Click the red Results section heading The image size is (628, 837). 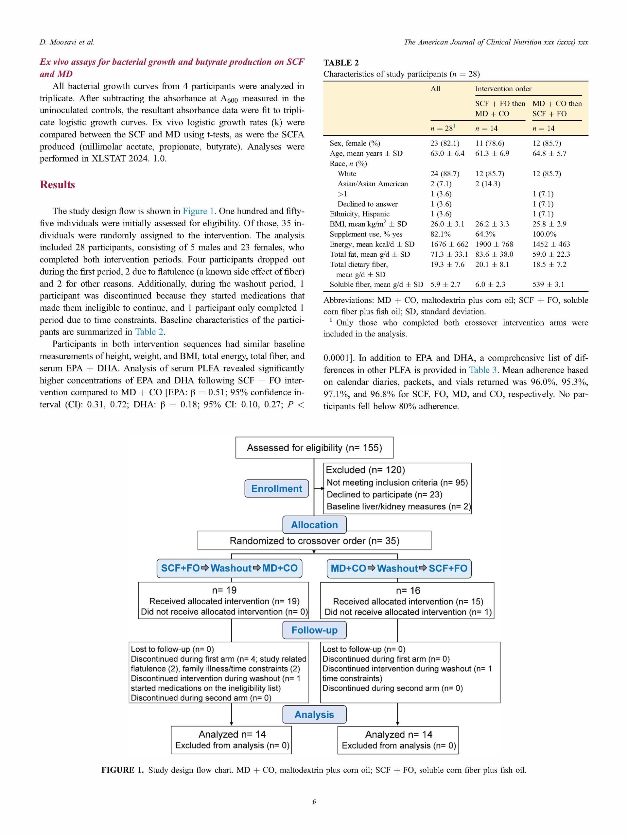point(57,185)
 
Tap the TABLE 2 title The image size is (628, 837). point(341,63)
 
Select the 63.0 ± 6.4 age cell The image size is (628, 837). point(447,153)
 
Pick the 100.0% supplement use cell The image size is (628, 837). point(544,234)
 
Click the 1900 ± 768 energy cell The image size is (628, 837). point(494,244)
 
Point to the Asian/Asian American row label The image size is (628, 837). point(373,184)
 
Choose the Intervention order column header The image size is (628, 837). point(503,89)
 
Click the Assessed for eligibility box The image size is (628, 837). point(314,448)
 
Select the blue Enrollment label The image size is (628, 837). point(276,488)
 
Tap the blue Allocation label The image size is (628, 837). point(314,525)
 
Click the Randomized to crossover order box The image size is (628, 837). point(314,541)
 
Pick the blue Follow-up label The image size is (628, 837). point(314,630)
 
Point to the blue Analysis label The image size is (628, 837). point(314,714)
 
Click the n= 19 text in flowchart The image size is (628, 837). point(224,590)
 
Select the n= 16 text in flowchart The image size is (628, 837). point(408,590)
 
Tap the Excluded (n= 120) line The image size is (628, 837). point(365,470)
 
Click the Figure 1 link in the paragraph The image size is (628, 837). point(198,211)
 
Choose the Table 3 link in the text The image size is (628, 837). point(483,370)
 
